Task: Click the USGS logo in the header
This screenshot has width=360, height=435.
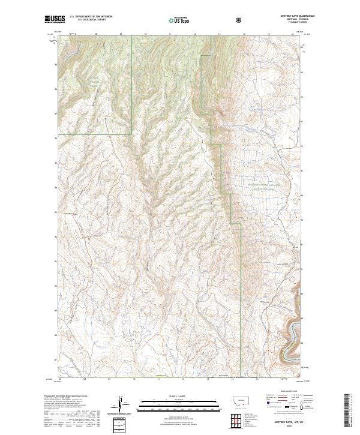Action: click(x=55, y=20)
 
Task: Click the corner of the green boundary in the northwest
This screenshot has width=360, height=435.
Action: click(x=131, y=133)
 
